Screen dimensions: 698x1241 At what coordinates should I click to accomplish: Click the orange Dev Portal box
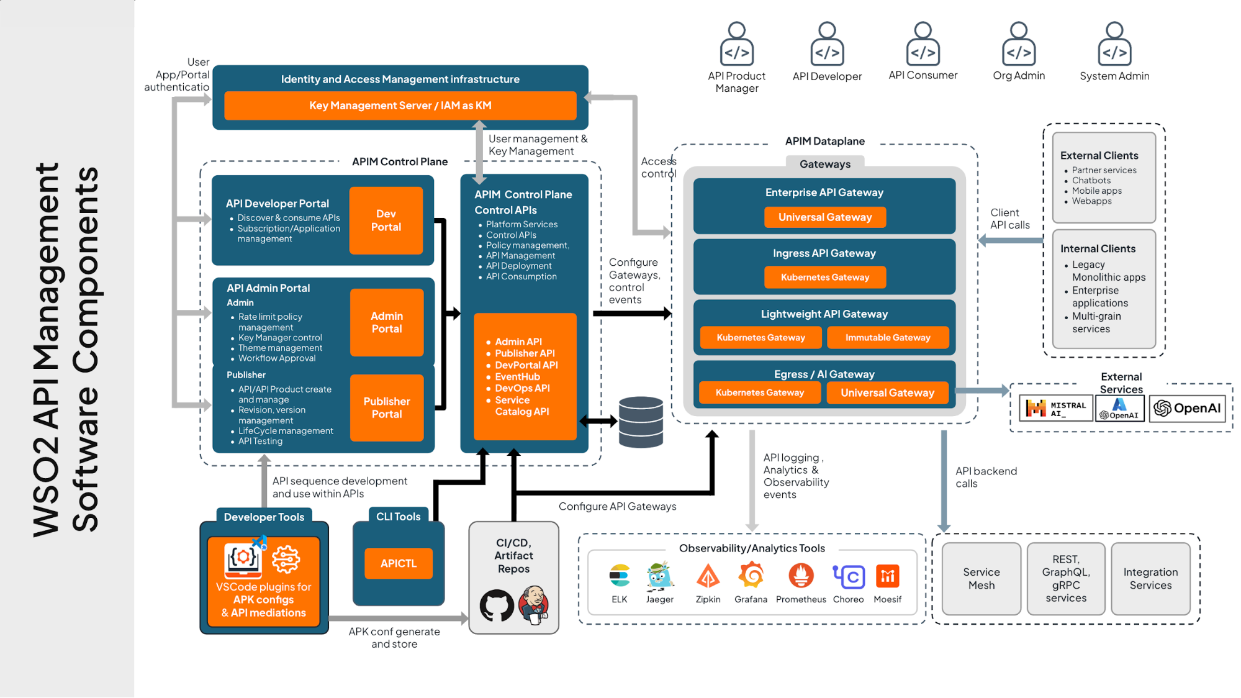pyautogui.click(x=386, y=220)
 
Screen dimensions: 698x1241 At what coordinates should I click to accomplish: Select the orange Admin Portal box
pyautogui.click(x=387, y=322)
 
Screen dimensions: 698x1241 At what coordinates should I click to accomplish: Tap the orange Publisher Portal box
pyautogui.click(x=387, y=407)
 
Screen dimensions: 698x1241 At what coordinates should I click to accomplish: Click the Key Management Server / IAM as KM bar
pyautogui.click(x=400, y=106)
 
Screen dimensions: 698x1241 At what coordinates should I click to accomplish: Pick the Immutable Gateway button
pyautogui.click(x=887, y=337)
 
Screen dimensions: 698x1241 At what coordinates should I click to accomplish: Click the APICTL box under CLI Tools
pyautogui.click(x=398, y=563)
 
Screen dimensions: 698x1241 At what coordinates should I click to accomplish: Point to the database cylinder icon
pyautogui.click(x=641, y=422)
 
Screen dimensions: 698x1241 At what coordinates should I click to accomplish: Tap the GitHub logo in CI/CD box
pyautogui.click(x=496, y=605)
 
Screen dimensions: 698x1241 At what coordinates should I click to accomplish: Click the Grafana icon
pyautogui.click(x=751, y=576)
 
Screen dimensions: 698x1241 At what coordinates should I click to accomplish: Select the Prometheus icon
pyautogui.click(x=801, y=576)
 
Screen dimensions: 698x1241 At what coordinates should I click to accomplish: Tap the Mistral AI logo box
pyautogui.click(x=1055, y=409)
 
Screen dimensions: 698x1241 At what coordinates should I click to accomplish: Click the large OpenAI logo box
pyautogui.click(x=1187, y=409)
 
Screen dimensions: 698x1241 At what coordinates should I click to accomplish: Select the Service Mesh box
pyautogui.click(x=981, y=579)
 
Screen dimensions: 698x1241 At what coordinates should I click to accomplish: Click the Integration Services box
pyautogui.click(x=1150, y=579)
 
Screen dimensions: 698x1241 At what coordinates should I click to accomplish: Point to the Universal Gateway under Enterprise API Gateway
pyautogui.click(x=824, y=217)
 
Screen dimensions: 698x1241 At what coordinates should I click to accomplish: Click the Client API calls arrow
pyautogui.click(x=1010, y=240)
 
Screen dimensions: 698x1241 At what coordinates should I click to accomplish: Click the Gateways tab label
pyautogui.click(x=824, y=164)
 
